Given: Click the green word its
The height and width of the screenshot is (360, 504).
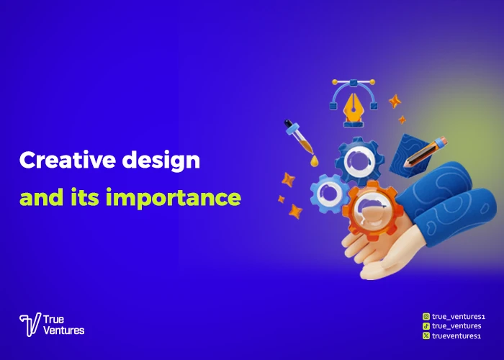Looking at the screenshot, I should coord(84,197).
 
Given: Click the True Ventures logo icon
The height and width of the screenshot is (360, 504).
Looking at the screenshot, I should coord(30,325).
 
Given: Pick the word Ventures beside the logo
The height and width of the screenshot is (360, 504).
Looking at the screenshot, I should coord(64,330).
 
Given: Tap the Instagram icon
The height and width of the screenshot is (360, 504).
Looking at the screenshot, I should coord(426,315).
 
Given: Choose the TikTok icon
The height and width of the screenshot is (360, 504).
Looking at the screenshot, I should coord(426,325).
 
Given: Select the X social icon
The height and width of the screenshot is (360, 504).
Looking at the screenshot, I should coord(426,336).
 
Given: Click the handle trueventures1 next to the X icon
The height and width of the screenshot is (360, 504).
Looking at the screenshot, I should coord(454,336).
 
